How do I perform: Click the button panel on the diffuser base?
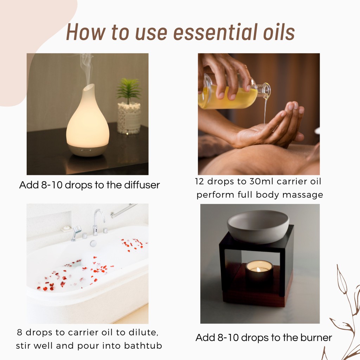86,150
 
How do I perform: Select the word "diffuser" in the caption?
142,185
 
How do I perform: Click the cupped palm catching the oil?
264,133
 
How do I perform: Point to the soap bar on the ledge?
66,228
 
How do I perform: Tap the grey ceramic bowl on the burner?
258,226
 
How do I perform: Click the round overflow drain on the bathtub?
93,243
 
